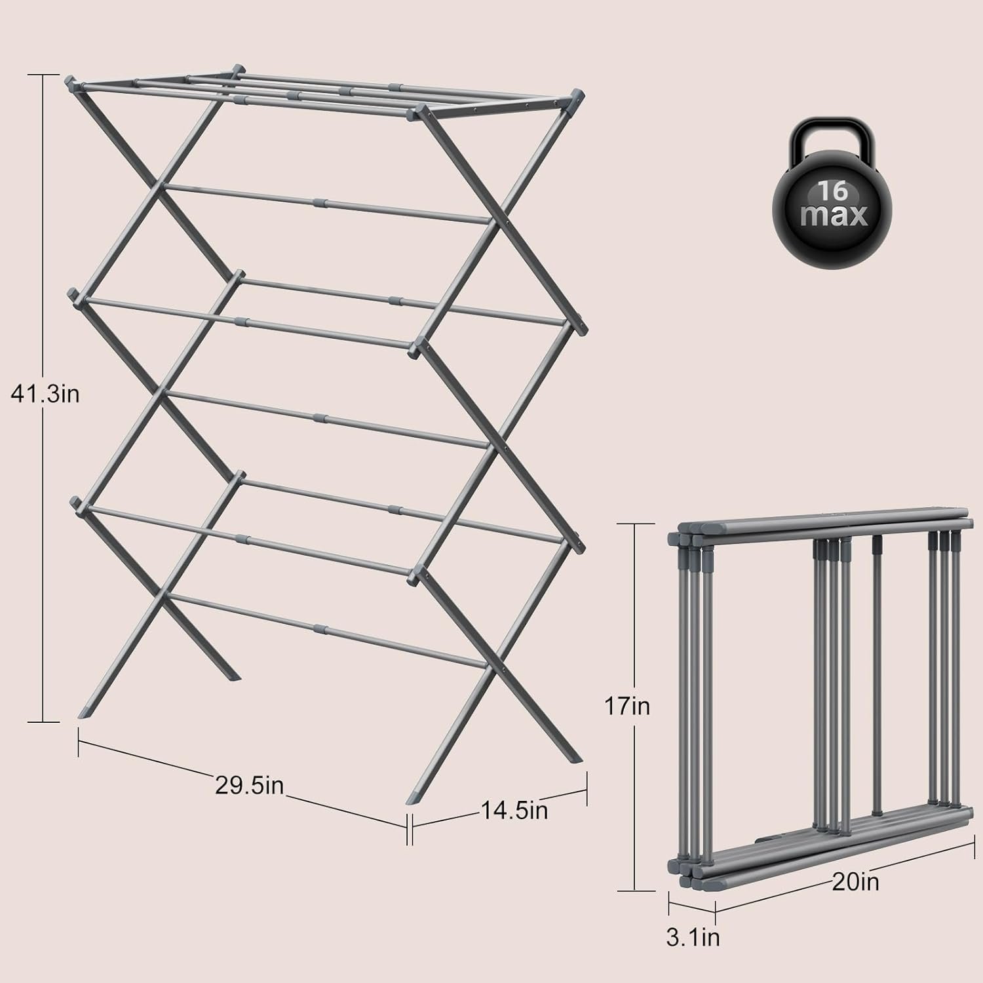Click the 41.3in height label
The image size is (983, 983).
pos(45,394)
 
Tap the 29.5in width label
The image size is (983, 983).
pos(249,784)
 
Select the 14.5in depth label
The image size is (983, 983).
pos(514,811)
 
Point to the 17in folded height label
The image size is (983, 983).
pos(627,706)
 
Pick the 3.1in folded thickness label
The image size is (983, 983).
pos(693,937)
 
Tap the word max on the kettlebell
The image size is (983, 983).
pos(834,216)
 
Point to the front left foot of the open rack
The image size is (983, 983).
pos(84,710)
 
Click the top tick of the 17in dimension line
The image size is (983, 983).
pos(636,524)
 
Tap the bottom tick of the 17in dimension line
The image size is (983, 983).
pos(636,891)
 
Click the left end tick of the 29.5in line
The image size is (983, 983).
pos(79,742)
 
